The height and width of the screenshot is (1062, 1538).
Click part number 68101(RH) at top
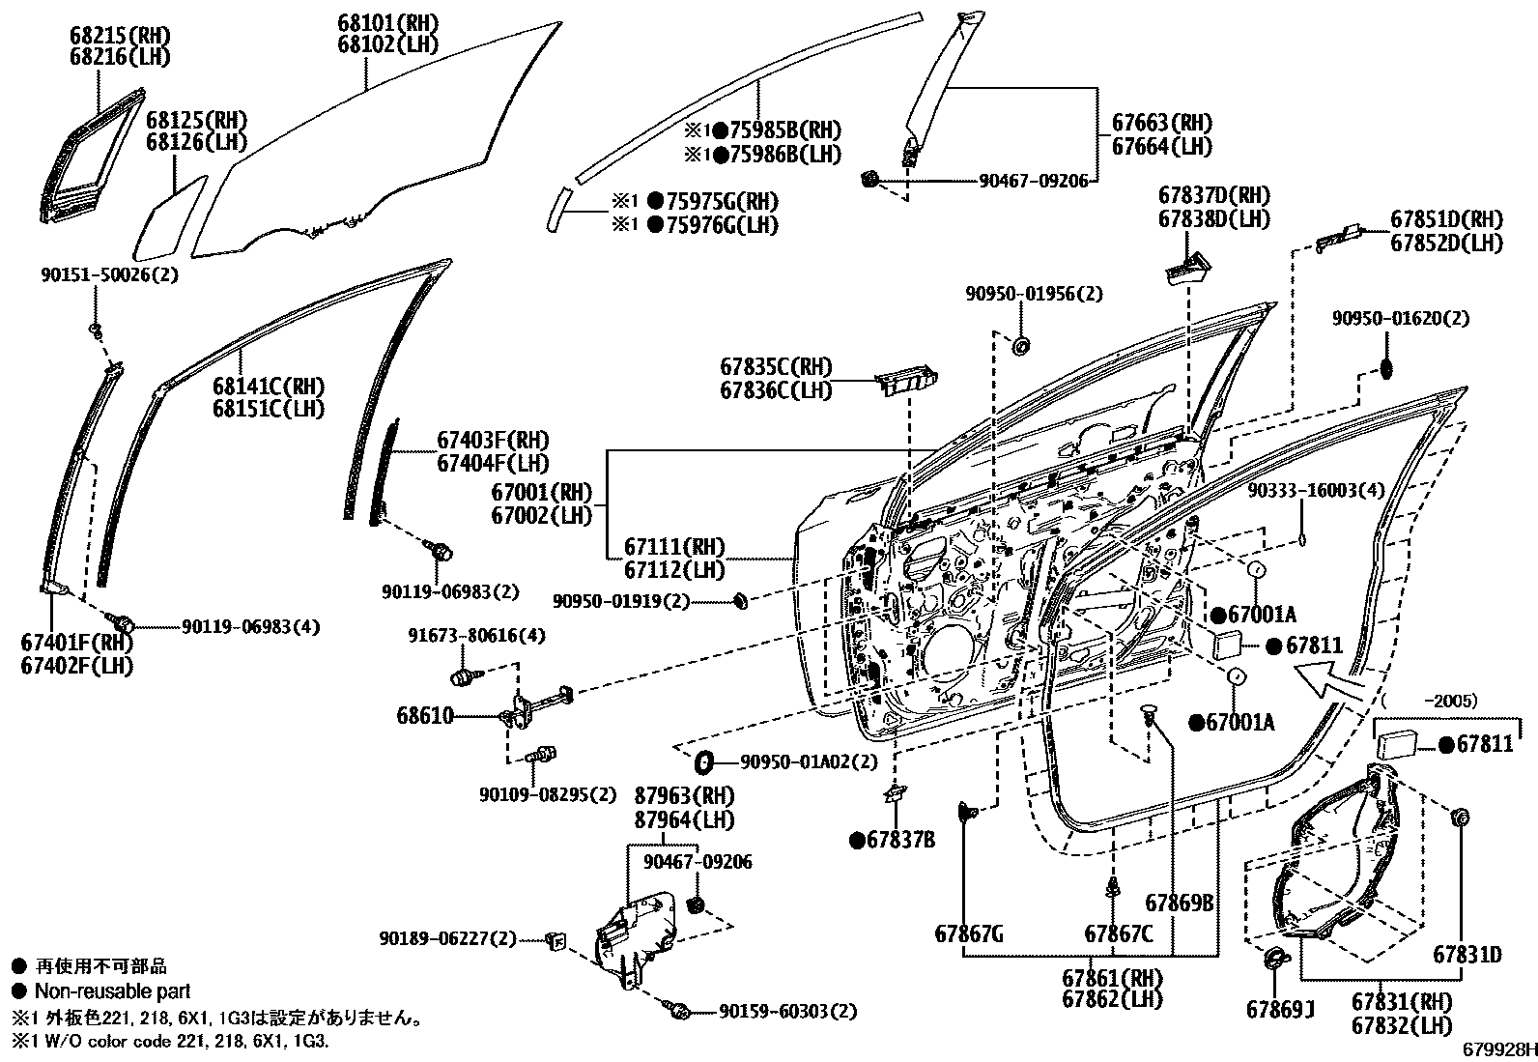coord(387,21)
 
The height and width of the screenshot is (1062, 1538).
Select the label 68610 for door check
coord(424,716)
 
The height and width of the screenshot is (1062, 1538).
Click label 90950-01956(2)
coord(1033,294)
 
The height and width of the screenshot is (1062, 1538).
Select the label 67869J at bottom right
coord(1281,1010)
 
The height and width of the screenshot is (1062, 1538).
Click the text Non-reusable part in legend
coord(112,991)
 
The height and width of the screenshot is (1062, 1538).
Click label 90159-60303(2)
coord(786,1011)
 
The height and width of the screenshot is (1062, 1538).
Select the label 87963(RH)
coord(684,796)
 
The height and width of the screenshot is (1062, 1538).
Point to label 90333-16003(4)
coord(1315,490)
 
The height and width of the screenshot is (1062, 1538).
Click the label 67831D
coord(1467,955)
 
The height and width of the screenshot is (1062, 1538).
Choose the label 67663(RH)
coord(1161,124)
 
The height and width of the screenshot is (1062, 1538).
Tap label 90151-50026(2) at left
coord(109,274)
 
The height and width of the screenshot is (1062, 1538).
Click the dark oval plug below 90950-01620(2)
coord(1383,369)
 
